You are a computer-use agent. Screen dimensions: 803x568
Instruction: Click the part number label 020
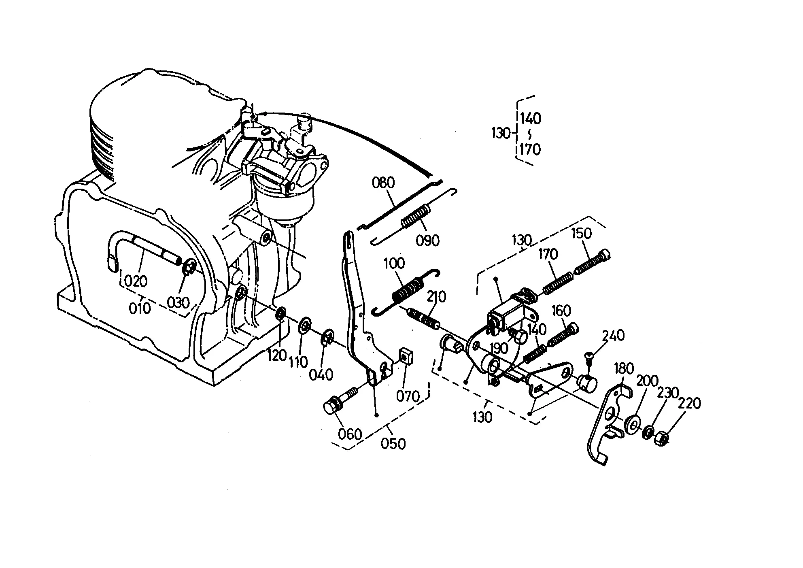tap(136, 281)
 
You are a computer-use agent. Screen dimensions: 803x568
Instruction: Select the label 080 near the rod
tap(383, 183)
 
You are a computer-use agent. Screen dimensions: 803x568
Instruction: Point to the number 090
tap(428, 240)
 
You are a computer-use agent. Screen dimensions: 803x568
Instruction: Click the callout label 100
tap(394, 264)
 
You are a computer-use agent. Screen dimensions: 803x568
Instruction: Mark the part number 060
tap(350, 434)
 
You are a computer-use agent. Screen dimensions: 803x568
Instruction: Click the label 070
tap(408, 396)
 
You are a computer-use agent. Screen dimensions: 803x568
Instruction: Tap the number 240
tap(613, 336)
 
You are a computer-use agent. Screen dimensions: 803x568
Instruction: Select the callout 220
tap(689, 403)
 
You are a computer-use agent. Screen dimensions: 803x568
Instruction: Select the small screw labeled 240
tap(588, 359)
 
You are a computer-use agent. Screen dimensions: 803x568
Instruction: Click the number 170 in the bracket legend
tap(530, 149)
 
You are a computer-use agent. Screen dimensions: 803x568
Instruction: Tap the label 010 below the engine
tap(140, 308)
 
